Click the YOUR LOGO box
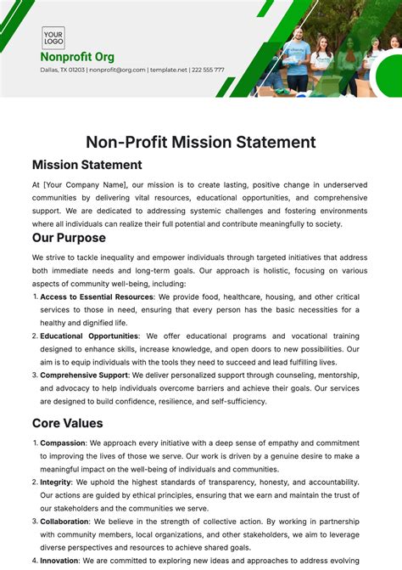(x=53, y=37)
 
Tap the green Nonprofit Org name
(x=77, y=57)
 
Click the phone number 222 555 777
(x=208, y=70)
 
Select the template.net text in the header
(x=168, y=70)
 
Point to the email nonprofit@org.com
(x=116, y=70)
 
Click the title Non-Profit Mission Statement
(x=201, y=142)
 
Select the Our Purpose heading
(x=69, y=238)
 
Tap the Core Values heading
(x=68, y=422)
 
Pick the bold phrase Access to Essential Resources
(x=98, y=296)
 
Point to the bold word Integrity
(x=56, y=483)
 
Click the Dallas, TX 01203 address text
(x=61, y=70)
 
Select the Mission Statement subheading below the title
(x=87, y=165)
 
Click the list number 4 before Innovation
(x=35, y=561)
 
